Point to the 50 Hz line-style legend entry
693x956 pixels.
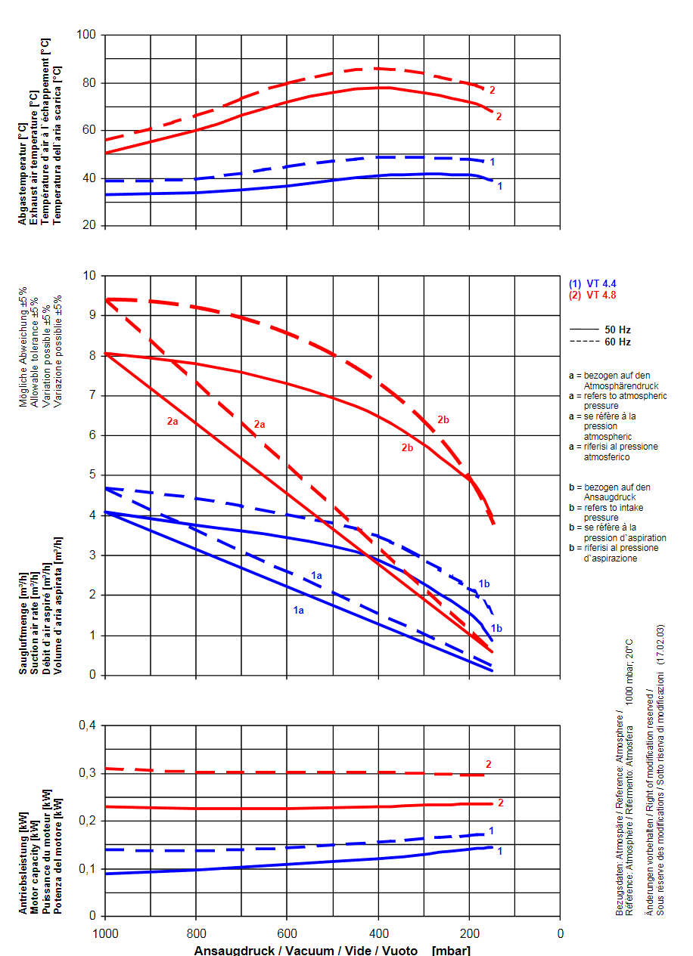click(601, 329)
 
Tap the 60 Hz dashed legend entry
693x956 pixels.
click(601, 342)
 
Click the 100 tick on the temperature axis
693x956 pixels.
click(88, 35)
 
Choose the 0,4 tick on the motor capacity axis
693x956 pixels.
click(85, 726)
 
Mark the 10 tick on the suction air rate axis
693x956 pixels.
click(90, 275)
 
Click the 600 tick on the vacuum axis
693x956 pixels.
click(287, 933)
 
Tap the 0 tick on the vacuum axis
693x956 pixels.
click(560, 933)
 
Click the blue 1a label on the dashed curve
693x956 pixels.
click(317, 576)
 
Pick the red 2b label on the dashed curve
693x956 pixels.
click(443, 419)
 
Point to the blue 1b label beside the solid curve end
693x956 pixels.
click(496, 628)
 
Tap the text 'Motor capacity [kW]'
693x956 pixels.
click(35, 862)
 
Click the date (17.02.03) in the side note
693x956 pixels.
click(660, 644)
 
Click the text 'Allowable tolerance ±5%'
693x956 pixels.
click(35, 348)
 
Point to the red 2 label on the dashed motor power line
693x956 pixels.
click(489, 764)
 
